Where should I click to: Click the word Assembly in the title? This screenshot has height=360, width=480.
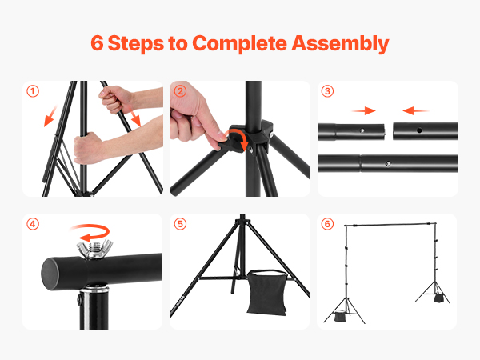tap(340, 43)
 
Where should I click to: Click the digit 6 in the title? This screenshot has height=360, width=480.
tap(97, 43)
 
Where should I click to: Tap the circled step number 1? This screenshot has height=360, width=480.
tap(33, 91)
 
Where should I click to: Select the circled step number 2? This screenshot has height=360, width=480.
tap(180, 91)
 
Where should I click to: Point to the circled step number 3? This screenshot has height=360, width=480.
tap(327, 91)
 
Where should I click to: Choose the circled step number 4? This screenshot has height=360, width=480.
tap(33, 224)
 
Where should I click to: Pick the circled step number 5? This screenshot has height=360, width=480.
tap(180, 224)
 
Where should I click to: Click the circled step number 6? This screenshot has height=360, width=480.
tap(327, 224)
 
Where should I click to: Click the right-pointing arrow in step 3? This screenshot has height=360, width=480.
tap(363, 110)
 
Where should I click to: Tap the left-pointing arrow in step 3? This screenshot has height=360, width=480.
tap(416, 110)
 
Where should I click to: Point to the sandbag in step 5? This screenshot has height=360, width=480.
tap(266, 292)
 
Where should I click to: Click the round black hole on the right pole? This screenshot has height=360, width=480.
tap(419, 130)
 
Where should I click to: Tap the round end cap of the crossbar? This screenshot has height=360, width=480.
tap(51, 274)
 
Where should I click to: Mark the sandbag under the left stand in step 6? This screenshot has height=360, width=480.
tap(339, 317)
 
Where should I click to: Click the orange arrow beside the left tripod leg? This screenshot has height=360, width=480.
tap(50, 116)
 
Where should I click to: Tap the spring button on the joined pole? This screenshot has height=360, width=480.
tap(388, 163)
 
